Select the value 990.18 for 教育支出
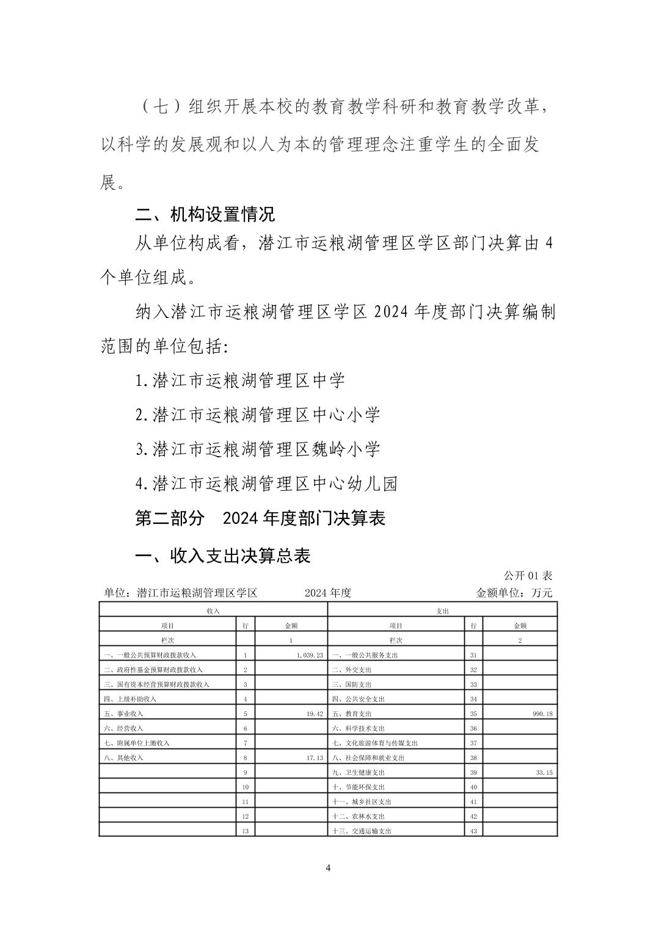click(541, 714)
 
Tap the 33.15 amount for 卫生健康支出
click(544, 772)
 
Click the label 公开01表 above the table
click(528, 576)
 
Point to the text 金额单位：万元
click(514, 593)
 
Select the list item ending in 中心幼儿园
click(266, 484)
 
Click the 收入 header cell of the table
click(213, 610)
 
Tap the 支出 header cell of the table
click(443, 610)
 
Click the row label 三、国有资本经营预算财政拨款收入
click(156, 684)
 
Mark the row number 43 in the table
click(473, 831)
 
